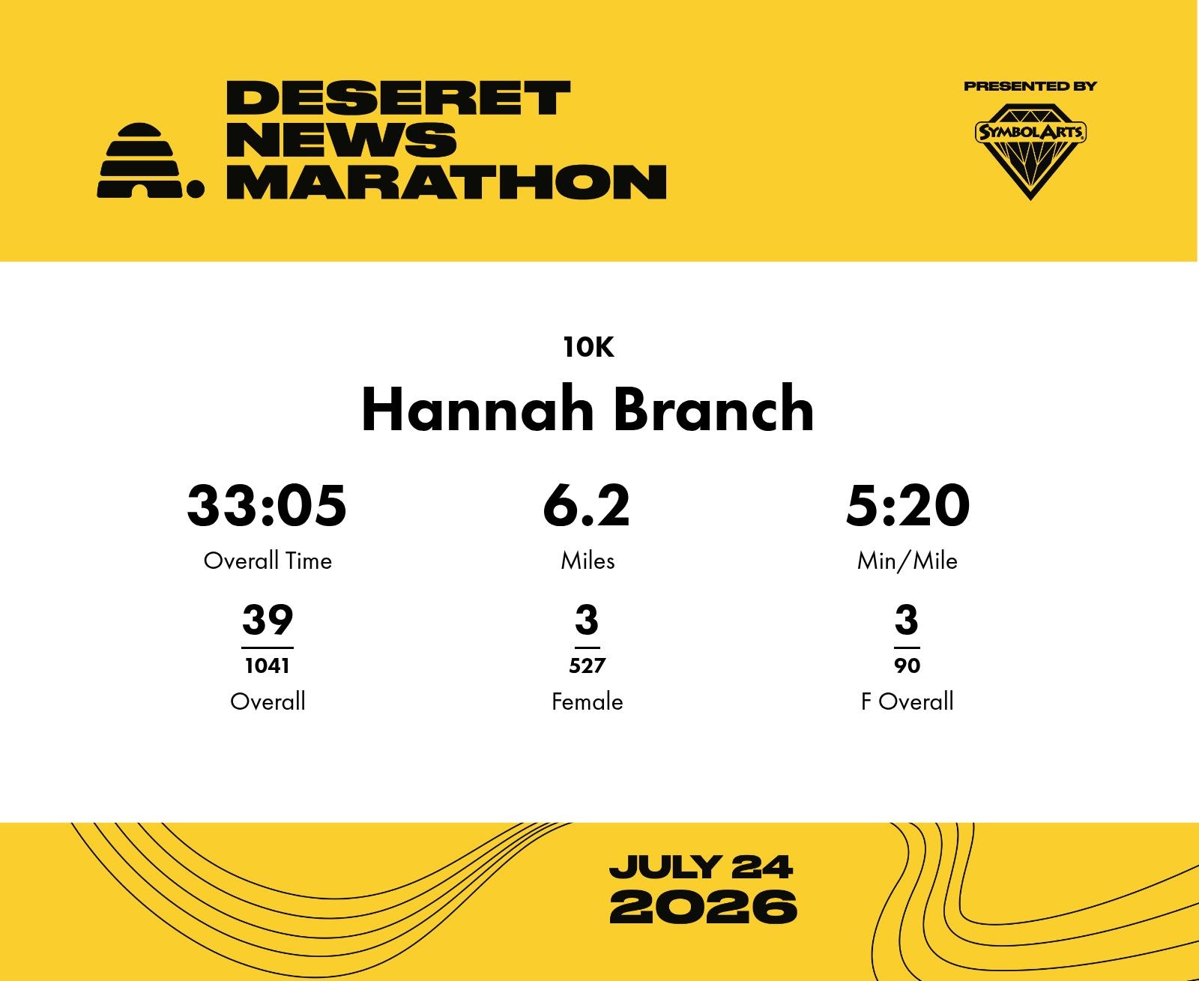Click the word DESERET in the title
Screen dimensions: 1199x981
point(398,98)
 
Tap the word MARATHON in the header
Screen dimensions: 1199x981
point(447,182)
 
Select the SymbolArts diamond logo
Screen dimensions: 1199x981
point(1030,151)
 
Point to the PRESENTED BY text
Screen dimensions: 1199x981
point(1030,86)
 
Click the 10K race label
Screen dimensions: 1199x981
point(588,347)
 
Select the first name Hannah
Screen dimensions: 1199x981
point(477,409)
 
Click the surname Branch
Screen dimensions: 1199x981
point(713,409)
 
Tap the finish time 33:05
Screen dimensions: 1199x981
point(267,506)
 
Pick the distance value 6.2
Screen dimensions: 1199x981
point(586,506)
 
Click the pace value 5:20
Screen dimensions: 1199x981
point(907,506)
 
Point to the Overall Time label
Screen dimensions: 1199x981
point(268,561)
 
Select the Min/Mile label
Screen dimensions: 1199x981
point(907,561)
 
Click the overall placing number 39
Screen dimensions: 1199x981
point(268,619)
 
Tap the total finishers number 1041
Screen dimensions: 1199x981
point(268,665)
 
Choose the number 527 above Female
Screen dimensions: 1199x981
point(588,665)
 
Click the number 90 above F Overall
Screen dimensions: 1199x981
point(907,665)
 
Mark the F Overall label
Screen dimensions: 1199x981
point(907,701)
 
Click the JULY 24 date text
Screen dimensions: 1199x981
point(701,867)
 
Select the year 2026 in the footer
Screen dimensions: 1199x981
point(703,907)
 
